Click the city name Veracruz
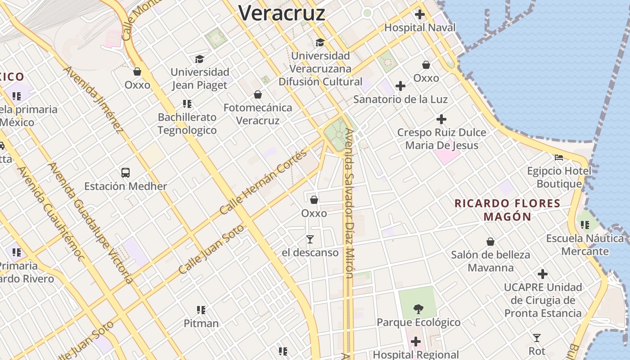281,13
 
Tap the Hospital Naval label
419,27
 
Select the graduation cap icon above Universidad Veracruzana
320,42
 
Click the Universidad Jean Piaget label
200,78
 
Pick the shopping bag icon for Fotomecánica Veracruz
258,94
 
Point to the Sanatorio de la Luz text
400,99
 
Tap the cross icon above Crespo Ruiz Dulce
441,119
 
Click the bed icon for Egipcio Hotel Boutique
559,157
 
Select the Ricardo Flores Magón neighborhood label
508,210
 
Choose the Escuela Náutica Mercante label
585,245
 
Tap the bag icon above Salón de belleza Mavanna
490,242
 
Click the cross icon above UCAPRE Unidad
543,274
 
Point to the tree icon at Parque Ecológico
418,309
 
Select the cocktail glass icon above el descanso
310,239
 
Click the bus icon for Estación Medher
126,172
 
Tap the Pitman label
201,323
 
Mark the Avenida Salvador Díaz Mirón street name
349,202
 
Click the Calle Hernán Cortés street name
263,182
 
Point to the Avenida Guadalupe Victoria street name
90,222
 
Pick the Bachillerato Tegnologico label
187,124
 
